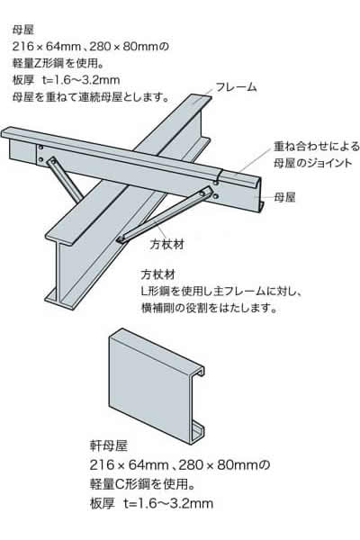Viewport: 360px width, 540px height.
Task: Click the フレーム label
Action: (x=237, y=87)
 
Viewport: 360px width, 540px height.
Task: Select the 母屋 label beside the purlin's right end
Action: (x=284, y=198)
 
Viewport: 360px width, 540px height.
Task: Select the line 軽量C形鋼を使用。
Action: (x=142, y=484)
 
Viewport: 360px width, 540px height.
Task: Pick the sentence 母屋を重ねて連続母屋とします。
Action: (x=91, y=97)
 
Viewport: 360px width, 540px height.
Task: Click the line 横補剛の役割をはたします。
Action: (x=210, y=308)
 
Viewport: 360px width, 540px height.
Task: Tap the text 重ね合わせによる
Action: (x=317, y=147)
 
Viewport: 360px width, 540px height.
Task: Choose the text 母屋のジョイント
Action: (x=312, y=163)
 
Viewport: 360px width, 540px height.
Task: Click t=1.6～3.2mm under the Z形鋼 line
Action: (x=81, y=80)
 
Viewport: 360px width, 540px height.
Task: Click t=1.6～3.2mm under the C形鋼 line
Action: (x=168, y=504)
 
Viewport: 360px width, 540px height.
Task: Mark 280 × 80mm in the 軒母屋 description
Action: (x=219, y=465)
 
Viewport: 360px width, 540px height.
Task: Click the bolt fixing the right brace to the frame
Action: (x=121, y=239)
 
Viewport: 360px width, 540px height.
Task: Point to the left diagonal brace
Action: (x=65, y=179)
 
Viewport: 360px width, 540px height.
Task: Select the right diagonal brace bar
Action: (x=165, y=213)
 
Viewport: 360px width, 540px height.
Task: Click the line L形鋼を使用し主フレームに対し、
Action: (x=222, y=292)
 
